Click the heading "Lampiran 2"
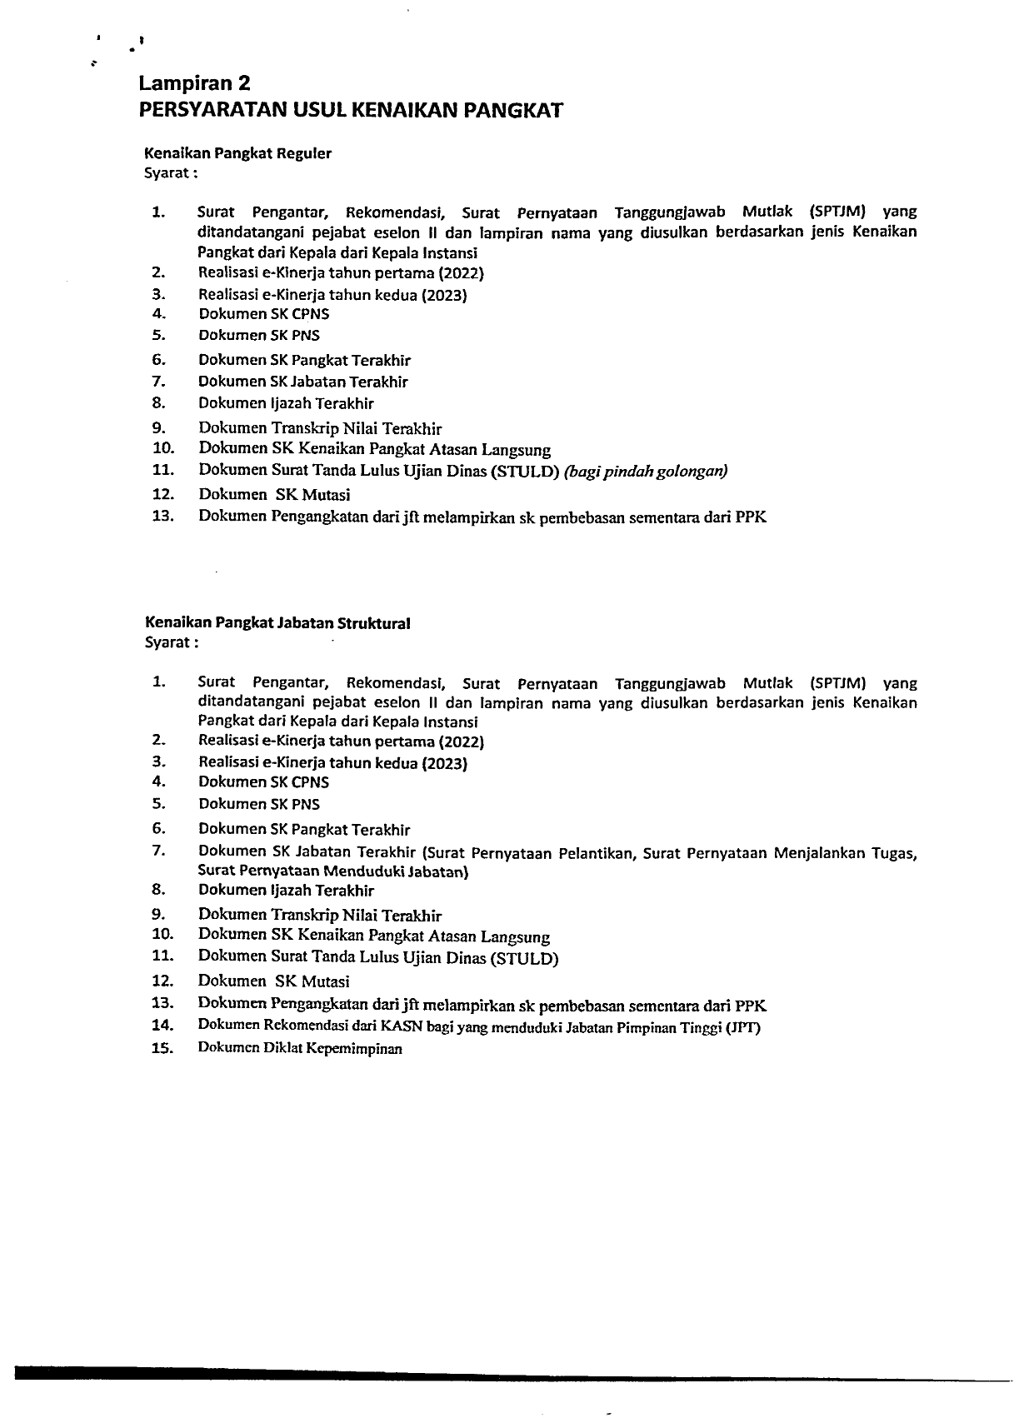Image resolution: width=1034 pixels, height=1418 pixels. (x=194, y=83)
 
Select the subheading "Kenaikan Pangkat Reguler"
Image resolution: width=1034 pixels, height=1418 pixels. (x=238, y=153)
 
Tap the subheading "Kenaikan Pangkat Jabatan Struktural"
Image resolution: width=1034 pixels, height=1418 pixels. (x=277, y=622)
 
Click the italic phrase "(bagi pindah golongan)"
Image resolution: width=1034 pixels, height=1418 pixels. (x=646, y=472)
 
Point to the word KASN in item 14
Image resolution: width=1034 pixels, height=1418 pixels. (x=402, y=1026)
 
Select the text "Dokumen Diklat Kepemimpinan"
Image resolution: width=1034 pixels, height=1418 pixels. (x=300, y=1049)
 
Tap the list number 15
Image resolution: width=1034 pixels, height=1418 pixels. (x=162, y=1049)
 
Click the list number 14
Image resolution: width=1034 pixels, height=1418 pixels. (x=162, y=1026)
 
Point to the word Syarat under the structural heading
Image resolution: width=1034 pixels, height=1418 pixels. (x=168, y=642)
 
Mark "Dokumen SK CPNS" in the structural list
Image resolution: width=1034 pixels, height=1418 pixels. (x=263, y=782)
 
